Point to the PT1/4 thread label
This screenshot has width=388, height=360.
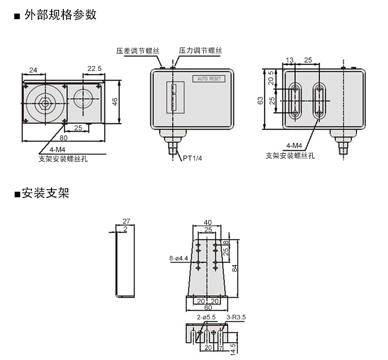point(193,158)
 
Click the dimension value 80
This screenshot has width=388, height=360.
point(64,138)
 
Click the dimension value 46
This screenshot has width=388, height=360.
point(114,102)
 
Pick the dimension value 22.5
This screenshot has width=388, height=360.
point(94,69)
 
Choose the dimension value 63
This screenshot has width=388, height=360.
point(260,100)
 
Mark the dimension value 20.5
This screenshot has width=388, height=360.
point(271,78)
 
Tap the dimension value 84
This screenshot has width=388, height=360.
point(235,268)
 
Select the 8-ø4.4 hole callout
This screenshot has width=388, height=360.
point(179,257)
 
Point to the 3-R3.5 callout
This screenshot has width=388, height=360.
point(236,318)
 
